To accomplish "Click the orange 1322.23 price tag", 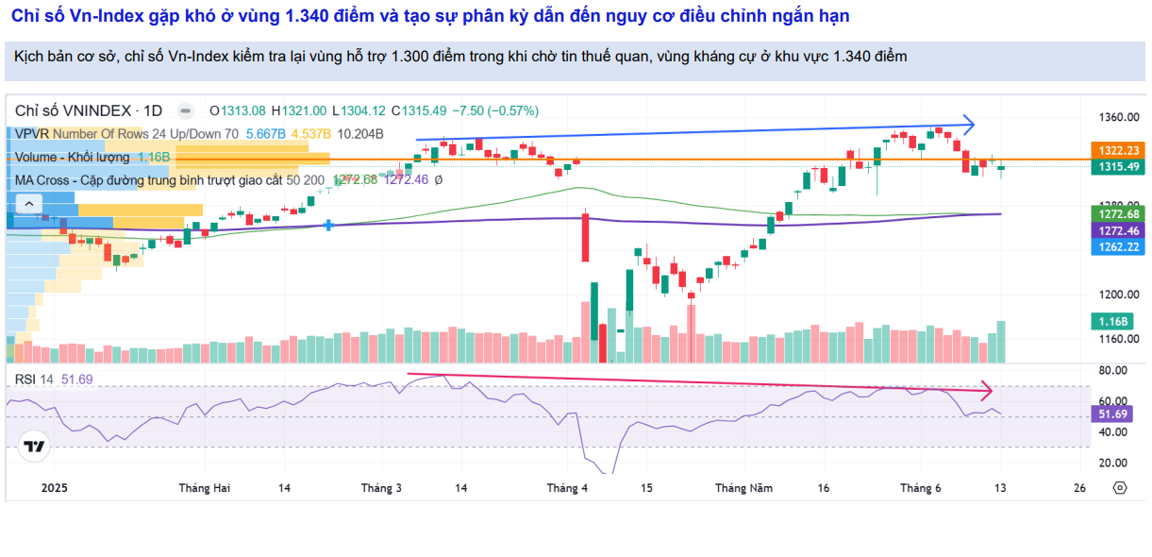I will [1114, 150].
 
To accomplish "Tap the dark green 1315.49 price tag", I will [1114, 167].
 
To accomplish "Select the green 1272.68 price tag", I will [1114, 214].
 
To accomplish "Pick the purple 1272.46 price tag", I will [1114, 230].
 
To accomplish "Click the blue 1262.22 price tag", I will [1114, 246].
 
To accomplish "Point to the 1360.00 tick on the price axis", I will [1118, 117].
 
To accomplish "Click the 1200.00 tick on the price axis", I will [1118, 295].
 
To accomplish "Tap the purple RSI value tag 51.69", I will [1114, 414].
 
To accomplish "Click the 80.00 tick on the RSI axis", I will [1114, 372].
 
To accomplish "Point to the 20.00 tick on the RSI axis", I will [1114, 463].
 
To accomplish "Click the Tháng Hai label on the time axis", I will [205, 488].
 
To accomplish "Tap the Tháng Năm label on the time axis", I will [743, 488].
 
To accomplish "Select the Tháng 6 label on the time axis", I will [921, 488].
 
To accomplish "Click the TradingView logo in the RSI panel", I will [34, 447].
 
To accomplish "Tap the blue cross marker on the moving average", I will [327, 225].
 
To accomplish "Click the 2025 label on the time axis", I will [55, 488].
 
